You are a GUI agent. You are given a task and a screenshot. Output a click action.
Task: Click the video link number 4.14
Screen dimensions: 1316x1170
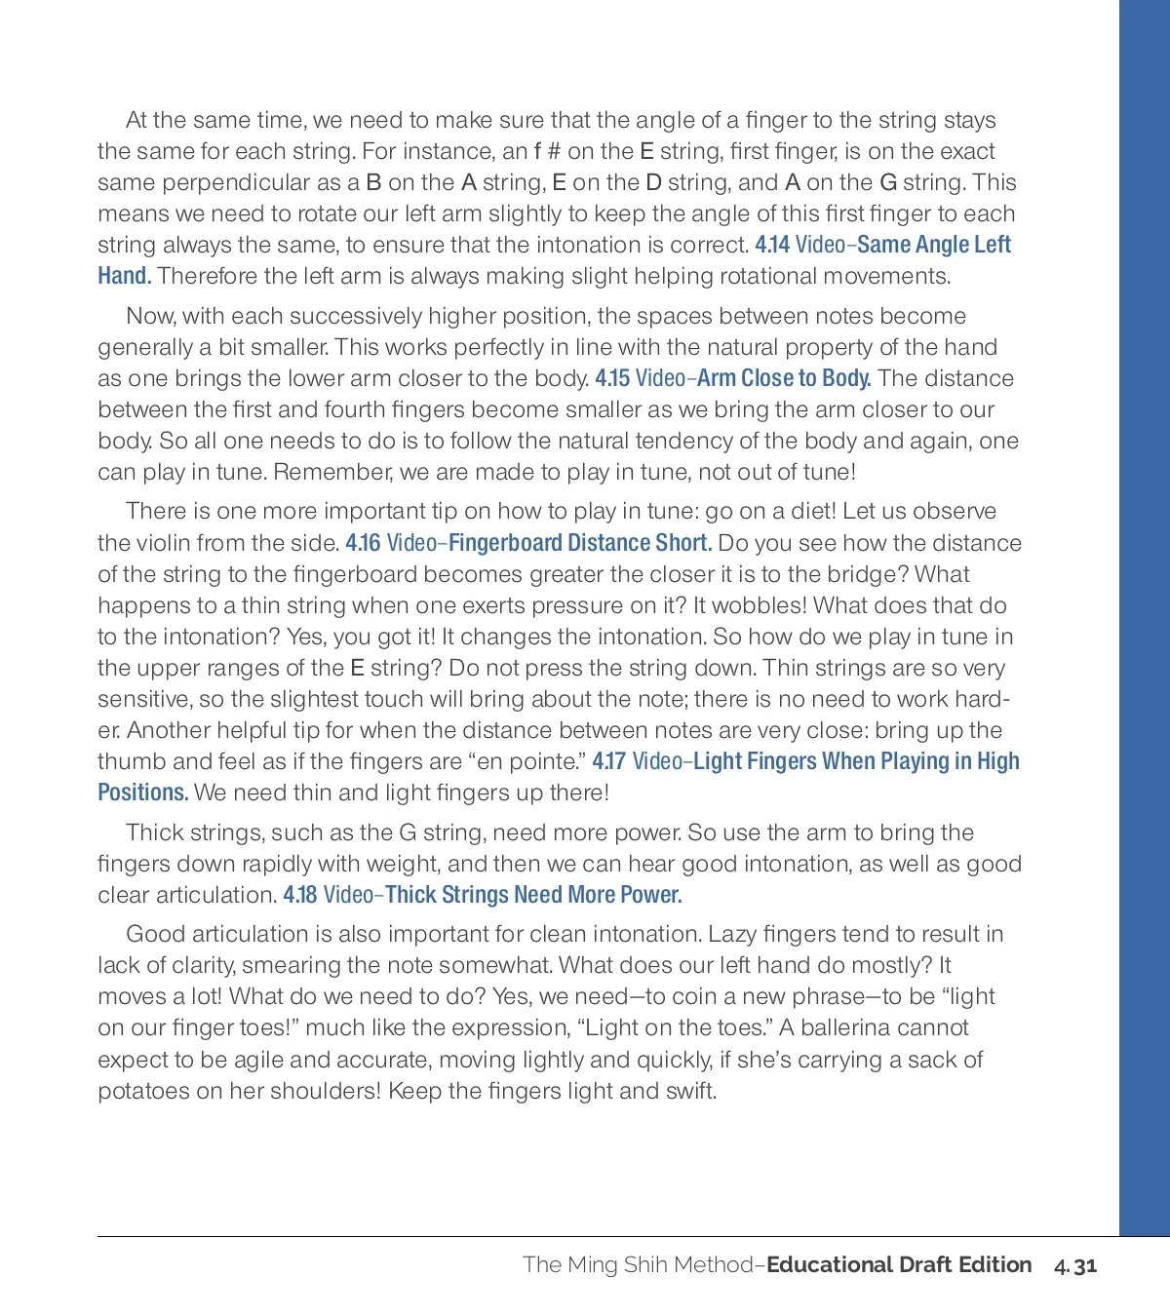coord(772,245)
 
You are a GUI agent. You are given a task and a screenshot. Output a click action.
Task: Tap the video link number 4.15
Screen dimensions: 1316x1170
coord(612,378)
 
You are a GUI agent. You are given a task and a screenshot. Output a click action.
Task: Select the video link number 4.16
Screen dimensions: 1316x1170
coord(363,543)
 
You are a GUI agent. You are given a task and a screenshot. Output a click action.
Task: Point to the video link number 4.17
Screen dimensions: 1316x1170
coord(608,761)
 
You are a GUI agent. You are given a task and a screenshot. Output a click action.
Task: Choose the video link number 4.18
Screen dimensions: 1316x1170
coord(300,895)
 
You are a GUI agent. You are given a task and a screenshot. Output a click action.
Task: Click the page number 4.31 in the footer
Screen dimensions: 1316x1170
coord(1075,1265)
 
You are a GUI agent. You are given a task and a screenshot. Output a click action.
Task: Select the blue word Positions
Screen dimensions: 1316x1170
coord(142,793)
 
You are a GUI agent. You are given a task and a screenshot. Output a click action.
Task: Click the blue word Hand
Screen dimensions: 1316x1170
coord(124,276)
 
